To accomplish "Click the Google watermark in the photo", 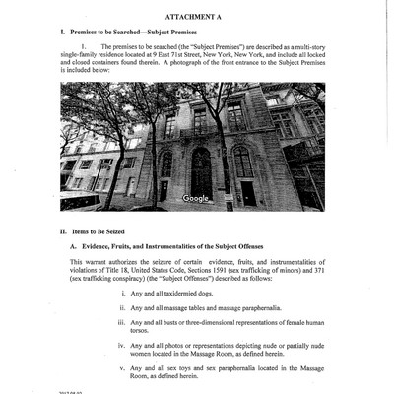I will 196,199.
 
